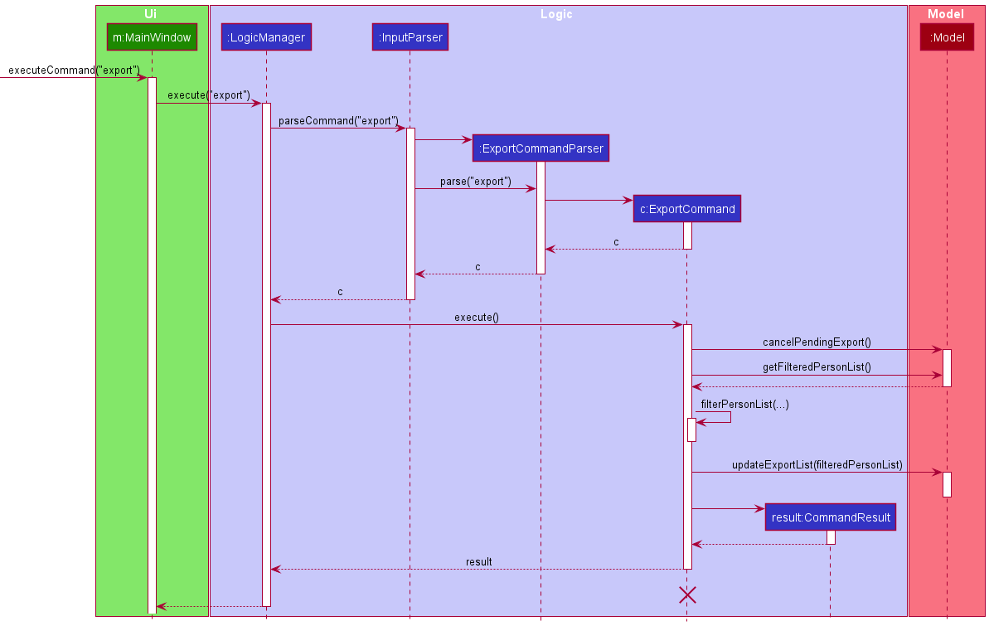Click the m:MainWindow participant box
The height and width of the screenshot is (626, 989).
click(x=152, y=37)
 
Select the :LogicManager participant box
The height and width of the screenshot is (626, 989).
click(x=265, y=37)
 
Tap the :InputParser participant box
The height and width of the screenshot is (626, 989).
click(x=410, y=37)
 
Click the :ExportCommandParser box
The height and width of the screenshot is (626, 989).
click(x=541, y=148)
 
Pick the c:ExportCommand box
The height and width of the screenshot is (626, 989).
click(x=687, y=209)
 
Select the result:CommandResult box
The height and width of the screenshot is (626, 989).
click(x=831, y=517)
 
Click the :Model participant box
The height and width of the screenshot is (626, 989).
click(x=946, y=37)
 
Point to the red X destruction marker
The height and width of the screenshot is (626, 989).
click(x=687, y=594)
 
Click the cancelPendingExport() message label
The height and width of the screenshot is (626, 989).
click(x=817, y=342)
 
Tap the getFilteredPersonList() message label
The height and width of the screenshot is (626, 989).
click(x=817, y=367)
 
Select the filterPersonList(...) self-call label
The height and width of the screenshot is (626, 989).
click(x=744, y=404)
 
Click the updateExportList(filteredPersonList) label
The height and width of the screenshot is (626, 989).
click(x=817, y=465)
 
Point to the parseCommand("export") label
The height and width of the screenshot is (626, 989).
click(x=338, y=120)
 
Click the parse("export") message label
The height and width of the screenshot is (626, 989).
click(x=475, y=181)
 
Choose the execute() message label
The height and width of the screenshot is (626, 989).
click(x=477, y=317)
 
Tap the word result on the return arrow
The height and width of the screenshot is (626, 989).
click(x=478, y=561)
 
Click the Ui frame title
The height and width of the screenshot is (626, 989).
click(x=151, y=14)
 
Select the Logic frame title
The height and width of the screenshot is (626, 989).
click(x=556, y=14)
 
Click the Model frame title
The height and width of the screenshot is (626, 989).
click(x=946, y=14)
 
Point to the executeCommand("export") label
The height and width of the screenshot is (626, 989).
click(x=74, y=70)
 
